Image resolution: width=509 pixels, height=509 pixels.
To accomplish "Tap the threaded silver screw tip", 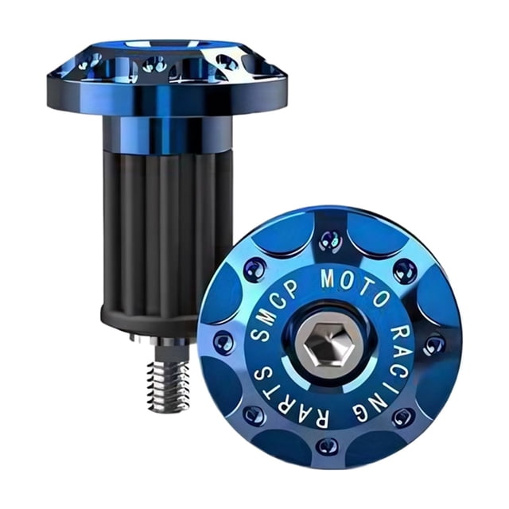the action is [x=168, y=383].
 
